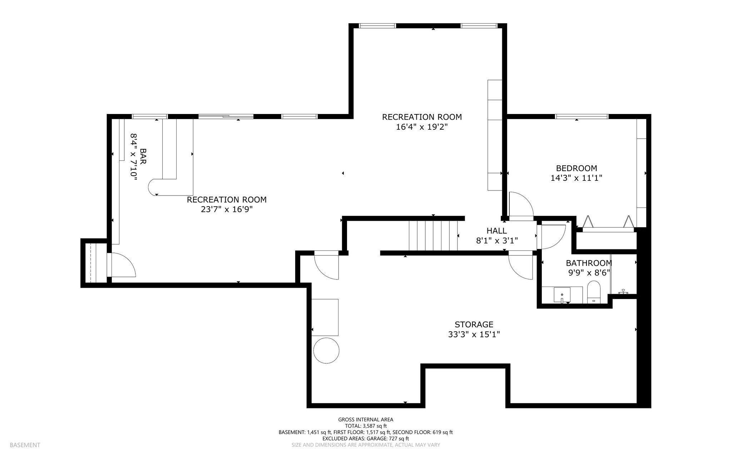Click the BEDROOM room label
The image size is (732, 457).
[x=576, y=168]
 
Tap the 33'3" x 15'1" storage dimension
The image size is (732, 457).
[x=474, y=334]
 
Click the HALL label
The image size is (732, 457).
[x=496, y=231]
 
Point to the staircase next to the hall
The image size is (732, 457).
[x=433, y=236]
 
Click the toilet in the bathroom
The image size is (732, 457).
[x=594, y=292]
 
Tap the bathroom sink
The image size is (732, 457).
[x=562, y=295]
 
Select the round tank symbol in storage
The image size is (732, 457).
[x=326, y=351]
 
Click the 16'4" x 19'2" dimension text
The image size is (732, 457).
[x=422, y=127]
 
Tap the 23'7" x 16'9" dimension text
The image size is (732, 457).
[x=227, y=209]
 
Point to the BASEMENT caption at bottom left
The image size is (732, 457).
[x=25, y=445]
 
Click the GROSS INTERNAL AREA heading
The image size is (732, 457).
[x=366, y=419]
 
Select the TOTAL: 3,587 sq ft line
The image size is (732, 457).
[x=366, y=426]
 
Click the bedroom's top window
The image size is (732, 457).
[x=582, y=116]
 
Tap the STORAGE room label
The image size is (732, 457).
[x=474, y=324]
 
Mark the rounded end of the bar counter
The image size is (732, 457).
[x=153, y=187]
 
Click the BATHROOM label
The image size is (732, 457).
[x=589, y=263]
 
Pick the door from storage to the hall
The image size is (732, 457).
[x=520, y=266]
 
